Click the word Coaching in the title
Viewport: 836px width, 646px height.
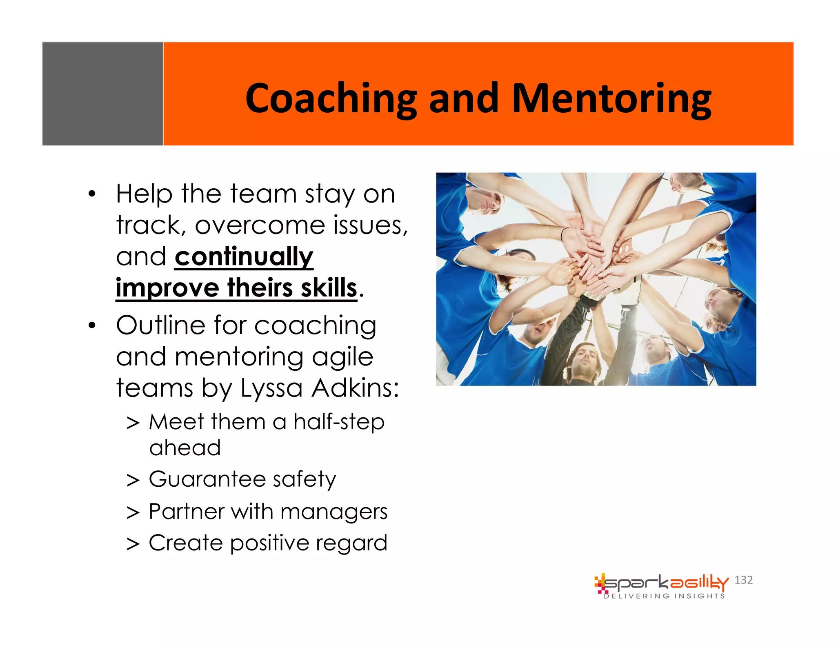(331, 98)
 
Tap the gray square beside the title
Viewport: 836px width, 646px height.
(102, 94)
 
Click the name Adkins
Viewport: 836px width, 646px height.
(354, 388)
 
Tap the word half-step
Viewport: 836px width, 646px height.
(339, 422)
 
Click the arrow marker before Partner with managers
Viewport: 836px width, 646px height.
(133, 512)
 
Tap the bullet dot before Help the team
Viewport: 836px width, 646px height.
(92, 194)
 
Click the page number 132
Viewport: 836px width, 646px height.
(743, 580)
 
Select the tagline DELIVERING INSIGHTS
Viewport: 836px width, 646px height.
(664, 596)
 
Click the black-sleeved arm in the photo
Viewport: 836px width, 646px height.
(565, 335)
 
